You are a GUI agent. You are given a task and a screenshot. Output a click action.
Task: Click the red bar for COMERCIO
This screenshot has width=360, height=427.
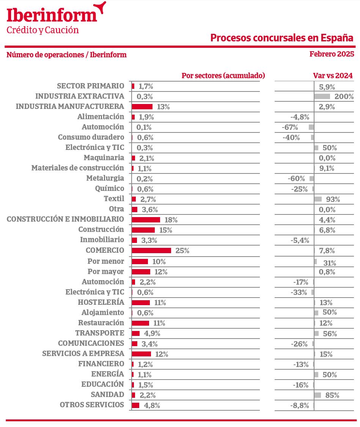coord(151,251)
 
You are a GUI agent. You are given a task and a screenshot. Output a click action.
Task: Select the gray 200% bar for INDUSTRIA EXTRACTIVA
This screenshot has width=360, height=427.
coord(322,96)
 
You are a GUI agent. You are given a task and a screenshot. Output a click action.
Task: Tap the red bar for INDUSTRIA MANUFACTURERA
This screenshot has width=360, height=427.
coord(142,107)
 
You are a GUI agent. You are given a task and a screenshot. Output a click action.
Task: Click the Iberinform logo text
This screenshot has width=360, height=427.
coord(52,15)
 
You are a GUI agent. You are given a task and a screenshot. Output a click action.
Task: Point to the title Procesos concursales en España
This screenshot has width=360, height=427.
coord(281,38)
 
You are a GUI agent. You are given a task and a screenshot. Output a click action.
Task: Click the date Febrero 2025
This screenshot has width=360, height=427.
coord(332,54)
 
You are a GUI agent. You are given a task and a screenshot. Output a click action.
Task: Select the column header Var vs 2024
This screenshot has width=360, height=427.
coord(333,76)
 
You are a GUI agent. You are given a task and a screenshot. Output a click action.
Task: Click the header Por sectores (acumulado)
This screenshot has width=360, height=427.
coord(223,76)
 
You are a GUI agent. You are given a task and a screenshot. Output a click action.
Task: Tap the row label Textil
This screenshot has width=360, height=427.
coord(114,199)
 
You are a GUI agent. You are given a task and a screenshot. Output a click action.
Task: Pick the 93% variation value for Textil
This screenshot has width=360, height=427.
coord(333,199)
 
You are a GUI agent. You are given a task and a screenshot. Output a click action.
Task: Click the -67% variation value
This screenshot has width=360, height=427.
coord(290,127)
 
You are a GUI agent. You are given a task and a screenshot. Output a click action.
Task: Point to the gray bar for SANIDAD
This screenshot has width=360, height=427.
coord(318,395)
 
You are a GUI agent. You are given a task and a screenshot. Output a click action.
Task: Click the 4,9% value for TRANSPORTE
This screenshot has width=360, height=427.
coord(152,334)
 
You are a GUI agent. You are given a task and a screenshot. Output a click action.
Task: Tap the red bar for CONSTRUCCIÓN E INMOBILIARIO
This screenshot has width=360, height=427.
coord(146,220)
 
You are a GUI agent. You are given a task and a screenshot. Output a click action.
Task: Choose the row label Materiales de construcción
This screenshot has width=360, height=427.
coord(77,168)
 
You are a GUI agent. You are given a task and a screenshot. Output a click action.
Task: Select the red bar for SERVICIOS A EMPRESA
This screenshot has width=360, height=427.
coord(141,354)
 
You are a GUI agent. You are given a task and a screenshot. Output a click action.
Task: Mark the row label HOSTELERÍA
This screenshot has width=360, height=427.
coord(101,302)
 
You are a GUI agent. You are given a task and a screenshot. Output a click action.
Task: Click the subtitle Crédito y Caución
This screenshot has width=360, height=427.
coord(43,30)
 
